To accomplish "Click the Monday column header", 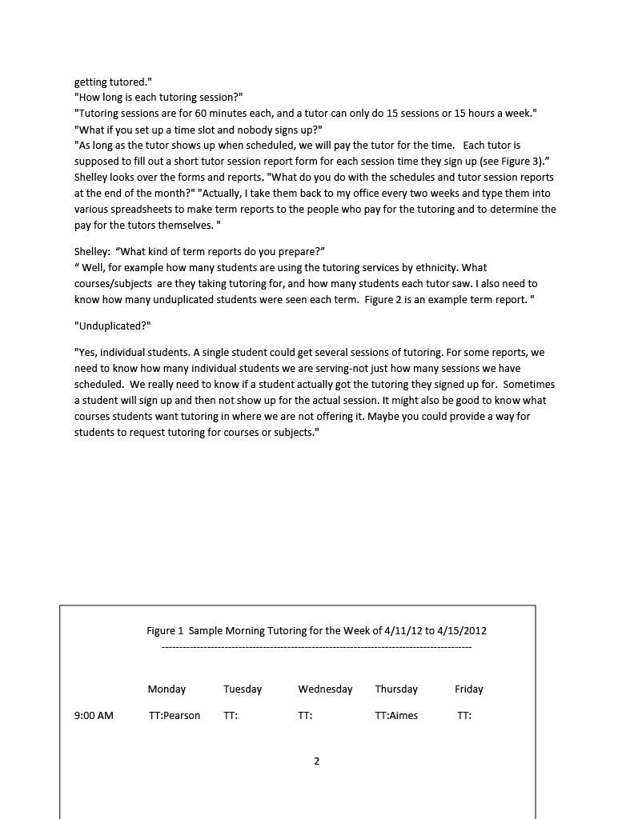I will pyautogui.click(x=167, y=689).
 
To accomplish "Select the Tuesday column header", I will pyautogui.click(x=243, y=689).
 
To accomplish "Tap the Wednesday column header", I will pyautogui.click(x=325, y=689).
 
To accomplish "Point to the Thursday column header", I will pyautogui.click(x=396, y=689).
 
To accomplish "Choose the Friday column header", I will pyautogui.click(x=469, y=689).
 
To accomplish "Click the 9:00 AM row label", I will pyautogui.click(x=94, y=715).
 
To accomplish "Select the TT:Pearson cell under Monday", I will pyautogui.click(x=175, y=715).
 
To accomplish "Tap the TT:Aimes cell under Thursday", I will pyautogui.click(x=396, y=715).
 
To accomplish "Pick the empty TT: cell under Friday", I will pyautogui.click(x=464, y=715).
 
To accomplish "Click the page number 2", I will pyautogui.click(x=316, y=761).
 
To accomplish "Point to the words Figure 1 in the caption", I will pyautogui.click(x=165, y=630).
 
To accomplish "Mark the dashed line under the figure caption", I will pyautogui.click(x=316, y=646).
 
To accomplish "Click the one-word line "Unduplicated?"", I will pyautogui.click(x=113, y=326).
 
